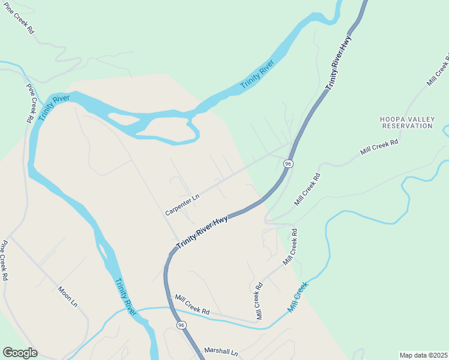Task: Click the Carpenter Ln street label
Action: (182, 205)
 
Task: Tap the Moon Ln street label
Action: (67, 296)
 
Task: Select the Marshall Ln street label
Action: (221, 351)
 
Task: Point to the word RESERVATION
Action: (408, 126)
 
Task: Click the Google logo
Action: (20, 353)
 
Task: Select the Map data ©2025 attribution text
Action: (424, 355)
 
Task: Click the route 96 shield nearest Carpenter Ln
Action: (289, 164)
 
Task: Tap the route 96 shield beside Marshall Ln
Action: (181, 325)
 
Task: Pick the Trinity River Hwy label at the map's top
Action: (338, 63)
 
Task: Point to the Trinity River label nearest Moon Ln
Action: (126, 296)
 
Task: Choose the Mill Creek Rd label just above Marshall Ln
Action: (192, 304)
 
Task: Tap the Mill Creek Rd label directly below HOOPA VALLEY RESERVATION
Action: (379, 148)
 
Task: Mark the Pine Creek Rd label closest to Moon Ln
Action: (5, 261)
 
